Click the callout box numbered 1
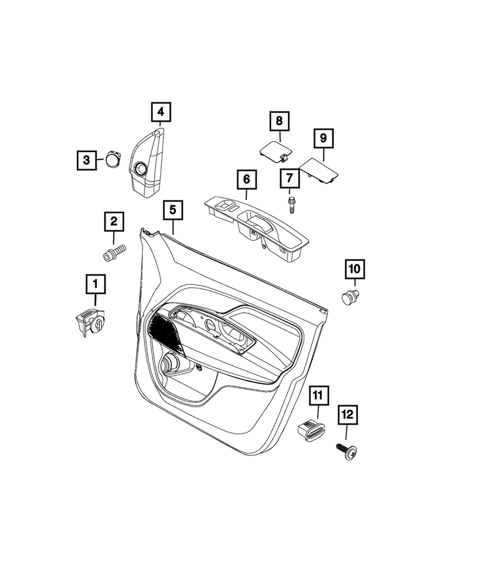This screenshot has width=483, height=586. (96, 284)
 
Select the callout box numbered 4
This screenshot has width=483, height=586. (161, 112)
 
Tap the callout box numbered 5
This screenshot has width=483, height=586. (173, 210)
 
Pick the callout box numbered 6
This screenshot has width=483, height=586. (246, 179)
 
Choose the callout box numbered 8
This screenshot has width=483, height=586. (279, 121)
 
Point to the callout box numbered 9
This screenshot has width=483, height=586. (324, 138)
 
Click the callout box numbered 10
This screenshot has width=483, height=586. (355, 269)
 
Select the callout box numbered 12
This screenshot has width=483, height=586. (348, 414)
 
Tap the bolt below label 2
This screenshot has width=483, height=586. (114, 252)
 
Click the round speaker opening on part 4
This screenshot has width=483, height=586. (141, 169)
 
